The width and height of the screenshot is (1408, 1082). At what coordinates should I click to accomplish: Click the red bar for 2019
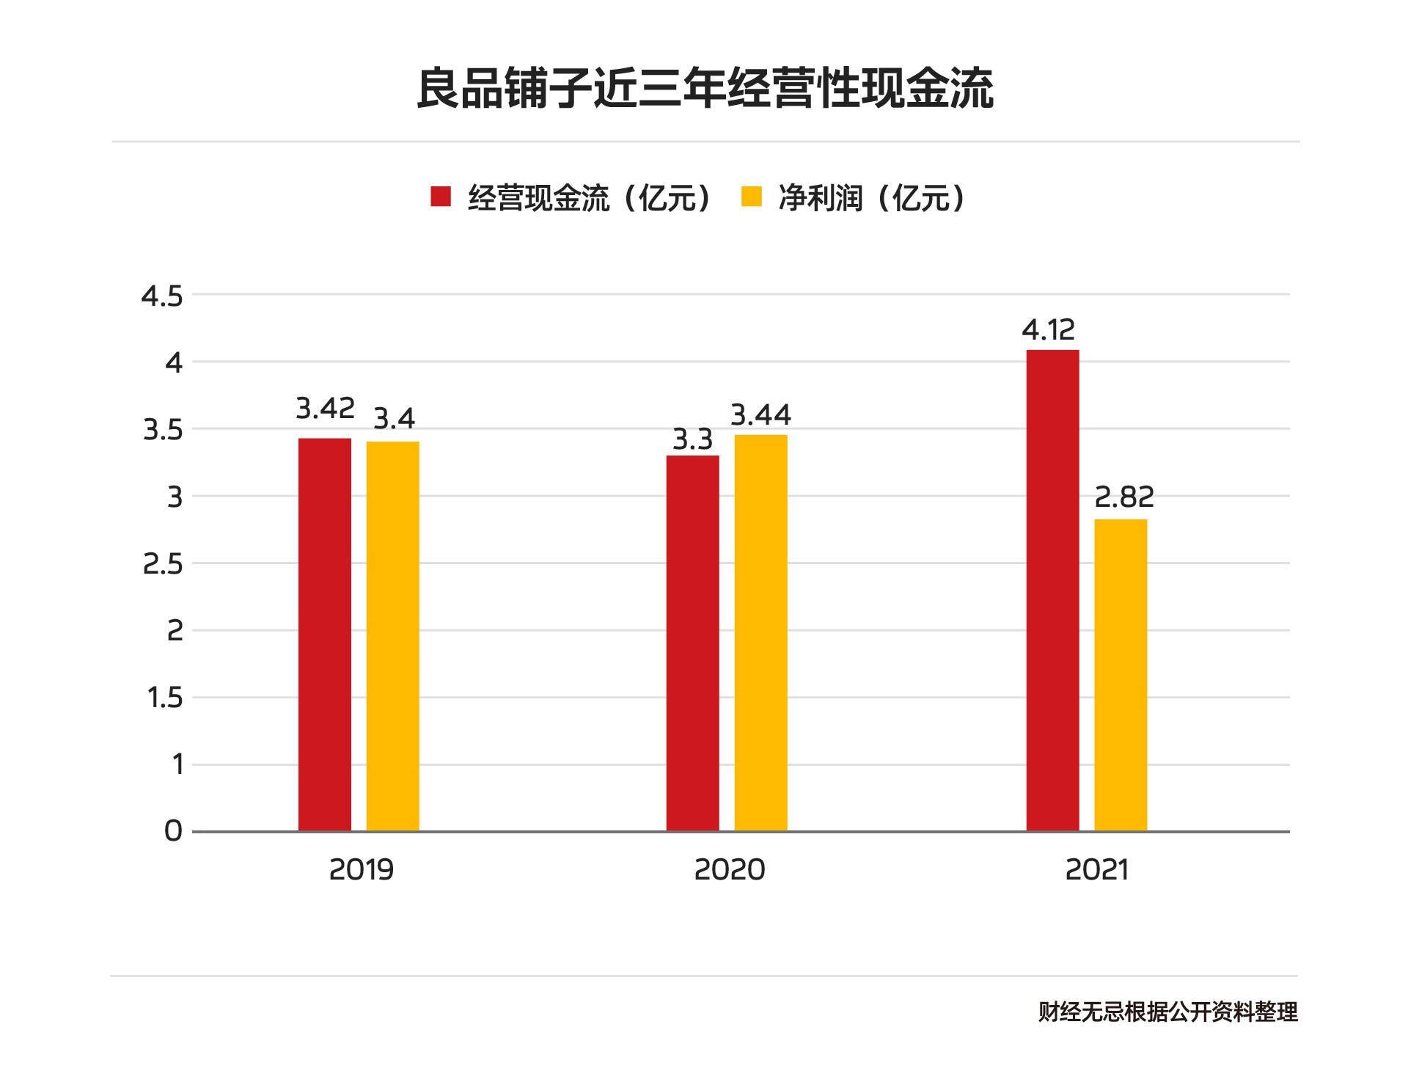click(325, 635)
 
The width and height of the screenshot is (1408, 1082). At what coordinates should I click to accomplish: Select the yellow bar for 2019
click(393, 636)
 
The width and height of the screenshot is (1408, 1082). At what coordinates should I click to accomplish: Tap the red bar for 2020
click(692, 643)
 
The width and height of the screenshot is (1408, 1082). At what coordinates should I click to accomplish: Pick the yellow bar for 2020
click(760, 633)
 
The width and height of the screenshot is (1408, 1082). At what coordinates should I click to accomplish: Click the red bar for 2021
click(1052, 591)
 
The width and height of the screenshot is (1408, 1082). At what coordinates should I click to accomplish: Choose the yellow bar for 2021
click(1121, 675)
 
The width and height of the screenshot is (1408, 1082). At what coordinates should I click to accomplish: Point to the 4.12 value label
click(1049, 330)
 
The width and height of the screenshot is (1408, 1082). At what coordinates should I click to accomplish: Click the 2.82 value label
click(1124, 497)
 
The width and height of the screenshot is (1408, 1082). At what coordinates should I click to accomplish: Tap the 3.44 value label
click(760, 415)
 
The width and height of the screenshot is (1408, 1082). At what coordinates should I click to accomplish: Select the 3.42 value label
click(325, 408)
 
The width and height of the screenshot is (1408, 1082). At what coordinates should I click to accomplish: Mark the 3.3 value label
click(692, 440)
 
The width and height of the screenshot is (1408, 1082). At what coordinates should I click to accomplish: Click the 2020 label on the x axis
click(729, 870)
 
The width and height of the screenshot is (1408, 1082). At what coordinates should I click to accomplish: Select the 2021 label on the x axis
click(1096, 870)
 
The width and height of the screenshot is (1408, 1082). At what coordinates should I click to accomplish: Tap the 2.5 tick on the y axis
click(162, 564)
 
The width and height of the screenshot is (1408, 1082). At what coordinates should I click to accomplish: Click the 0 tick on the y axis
click(173, 831)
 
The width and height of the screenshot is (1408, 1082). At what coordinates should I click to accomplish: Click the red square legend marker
click(441, 197)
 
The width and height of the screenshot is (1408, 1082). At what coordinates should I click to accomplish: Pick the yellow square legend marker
click(752, 197)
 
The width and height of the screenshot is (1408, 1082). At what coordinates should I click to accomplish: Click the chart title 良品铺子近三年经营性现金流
click(704, 89)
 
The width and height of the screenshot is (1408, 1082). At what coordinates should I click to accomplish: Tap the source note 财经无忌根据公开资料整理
click(1167, 1012)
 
